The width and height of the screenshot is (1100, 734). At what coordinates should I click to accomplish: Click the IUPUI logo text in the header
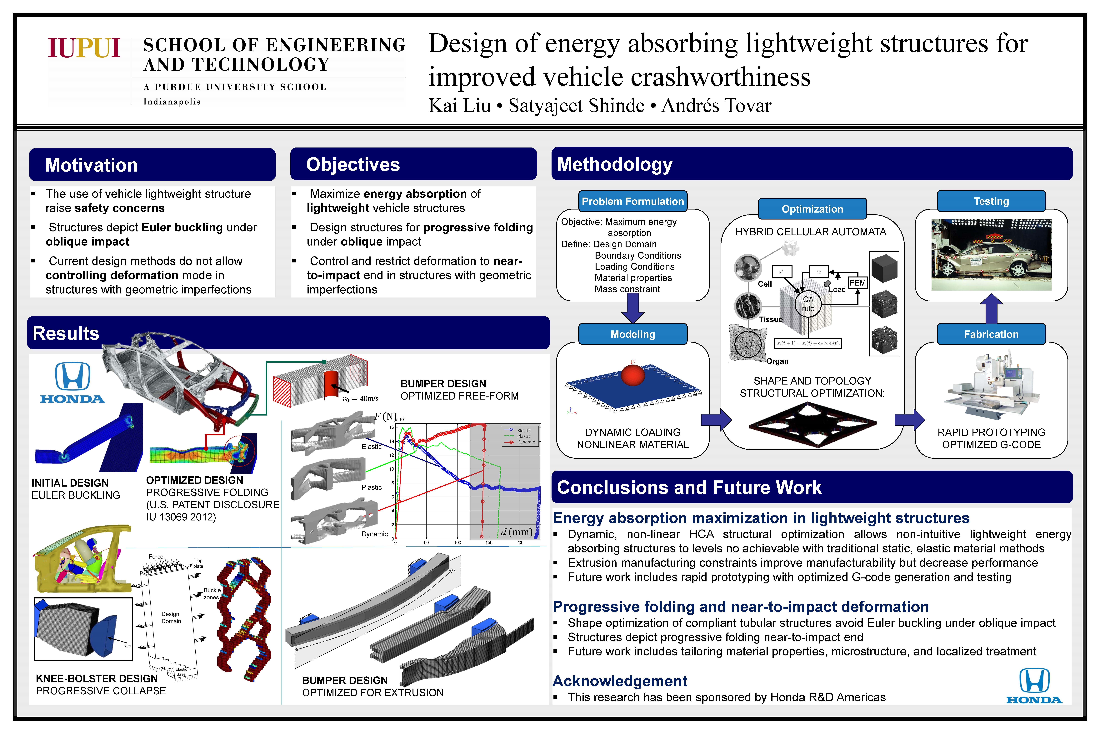coord(84,48)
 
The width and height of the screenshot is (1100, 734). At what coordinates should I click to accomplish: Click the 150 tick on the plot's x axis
coord(489,543)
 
